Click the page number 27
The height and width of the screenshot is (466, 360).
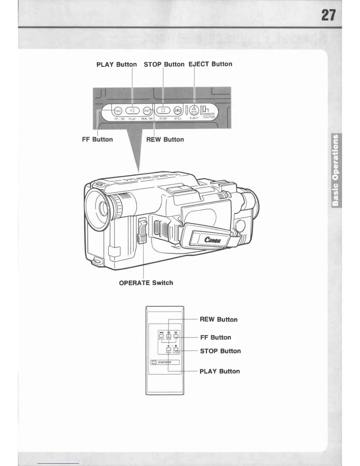[x=328, y=15]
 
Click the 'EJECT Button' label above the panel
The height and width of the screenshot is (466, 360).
[x=210, y=64]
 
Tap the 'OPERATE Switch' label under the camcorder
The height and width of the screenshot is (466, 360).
[x=146, y=283]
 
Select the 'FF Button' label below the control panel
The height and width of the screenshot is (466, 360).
[x=97, y=139]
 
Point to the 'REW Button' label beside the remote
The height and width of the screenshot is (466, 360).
[x=219, y=319]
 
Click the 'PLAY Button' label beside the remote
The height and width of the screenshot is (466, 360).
[x=219, y=371]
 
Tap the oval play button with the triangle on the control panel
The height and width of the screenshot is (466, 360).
[x=132, y=111]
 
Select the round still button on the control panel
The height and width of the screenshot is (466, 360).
[x=177, y=111]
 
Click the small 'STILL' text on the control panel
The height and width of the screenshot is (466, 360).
[x=178, y=119]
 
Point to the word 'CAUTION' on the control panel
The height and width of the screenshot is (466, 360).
[x=209, y=117]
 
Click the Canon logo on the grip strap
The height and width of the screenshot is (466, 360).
[x=213, y=240]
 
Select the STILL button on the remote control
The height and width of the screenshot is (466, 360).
[x=161, y=336]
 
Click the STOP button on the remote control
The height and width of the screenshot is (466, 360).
[x=176, y=349]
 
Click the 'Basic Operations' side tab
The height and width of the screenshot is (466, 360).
[x=336, y=170]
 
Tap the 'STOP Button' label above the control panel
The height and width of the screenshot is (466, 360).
[x=164, y=64]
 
